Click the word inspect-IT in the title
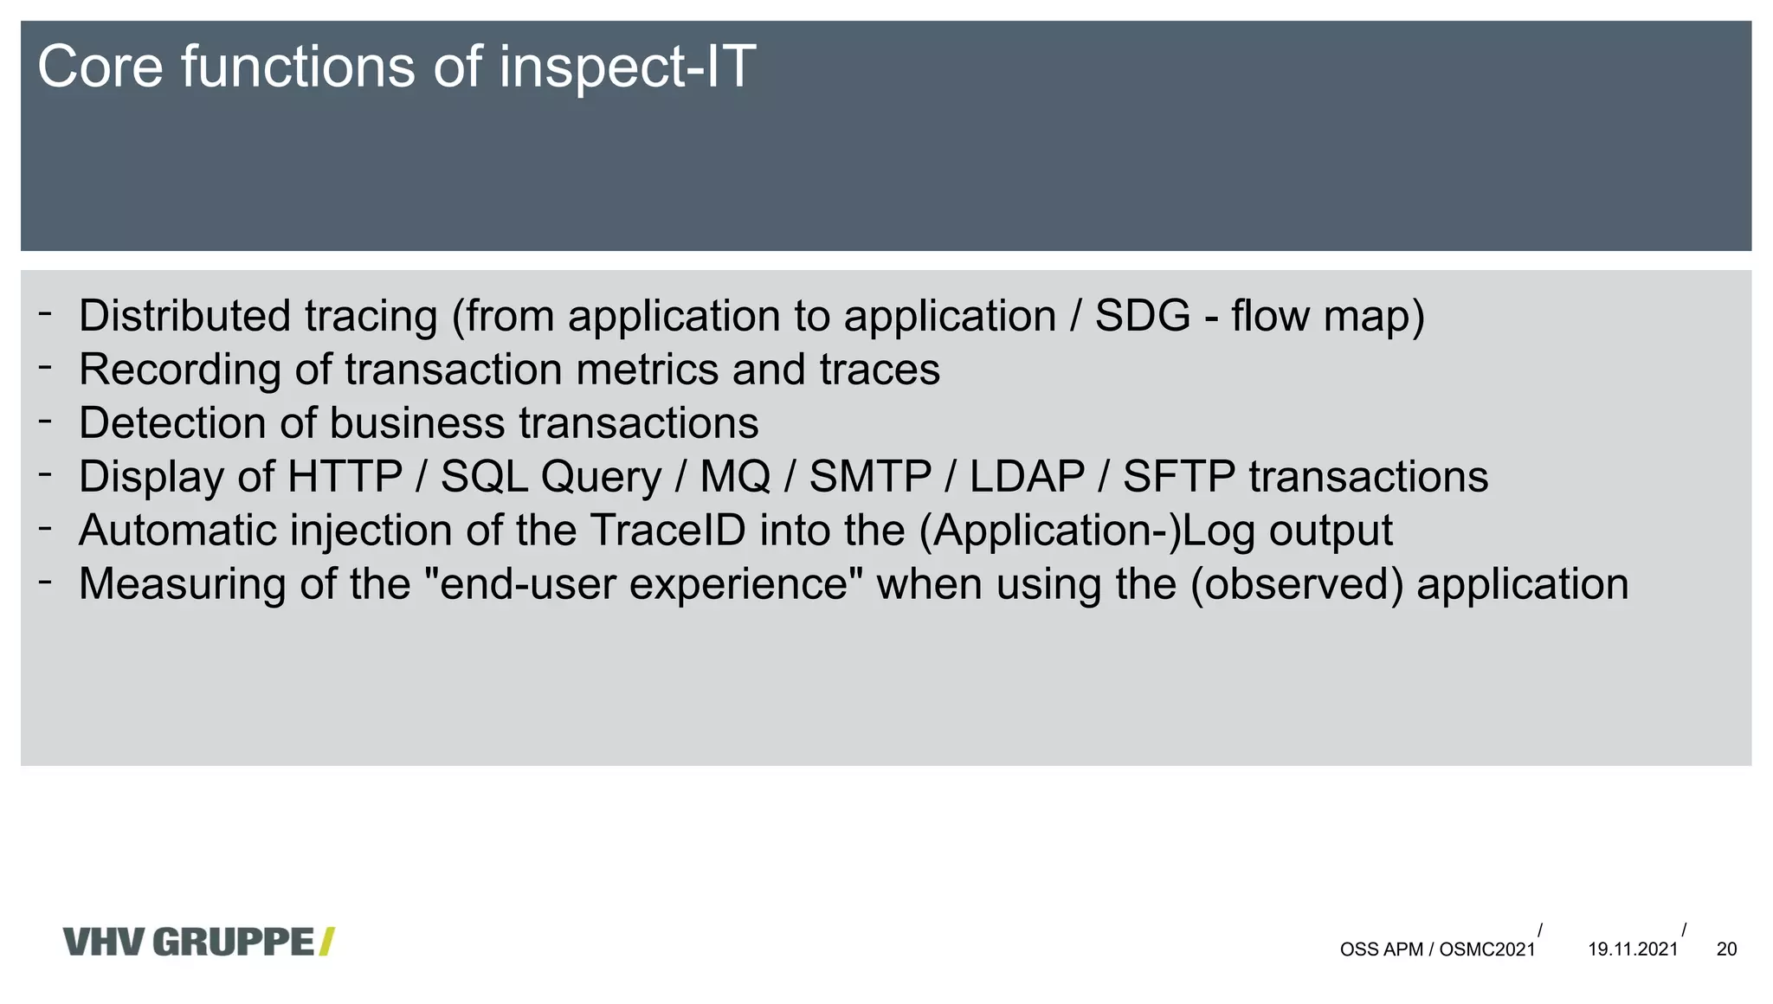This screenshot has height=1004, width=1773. (x=627, y=68)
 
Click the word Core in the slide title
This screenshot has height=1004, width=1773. (x=100, y=67)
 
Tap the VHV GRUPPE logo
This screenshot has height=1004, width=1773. (x=198, y=942)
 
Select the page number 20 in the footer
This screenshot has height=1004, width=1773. (x=1726, y=949)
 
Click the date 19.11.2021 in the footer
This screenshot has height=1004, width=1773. (x=1633, y=949)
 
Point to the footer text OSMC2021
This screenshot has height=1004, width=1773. (x=1487, y=949)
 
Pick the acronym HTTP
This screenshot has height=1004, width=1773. (x=345, y=477)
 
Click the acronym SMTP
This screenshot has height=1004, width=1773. (x=870, y=477)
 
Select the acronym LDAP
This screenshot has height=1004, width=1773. (x=1027, y=477)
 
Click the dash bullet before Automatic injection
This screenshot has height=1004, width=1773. (x=45, y=528)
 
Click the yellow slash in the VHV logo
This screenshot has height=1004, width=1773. (x=326, y=942)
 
